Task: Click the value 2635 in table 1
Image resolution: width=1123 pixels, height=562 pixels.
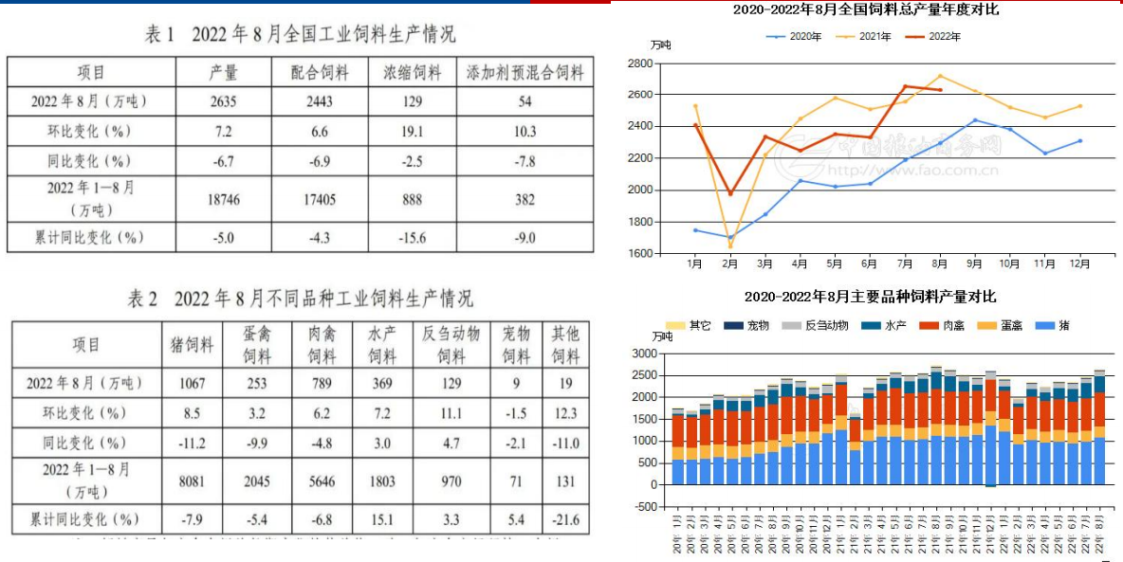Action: [224, 101]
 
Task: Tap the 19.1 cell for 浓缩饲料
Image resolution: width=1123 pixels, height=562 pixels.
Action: [413, 131]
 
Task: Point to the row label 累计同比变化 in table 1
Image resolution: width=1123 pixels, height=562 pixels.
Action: [91, 237]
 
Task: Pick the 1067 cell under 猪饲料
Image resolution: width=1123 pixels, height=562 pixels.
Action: [191, 383]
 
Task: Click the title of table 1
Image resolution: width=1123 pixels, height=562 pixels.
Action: [300, 35]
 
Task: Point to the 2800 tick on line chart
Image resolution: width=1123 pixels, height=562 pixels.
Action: [638, 63]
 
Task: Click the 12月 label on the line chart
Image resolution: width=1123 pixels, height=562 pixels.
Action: [1079, 263]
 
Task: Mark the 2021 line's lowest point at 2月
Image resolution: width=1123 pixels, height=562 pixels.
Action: [730, 246]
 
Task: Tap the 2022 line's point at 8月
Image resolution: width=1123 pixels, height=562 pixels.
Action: [940, 90]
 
